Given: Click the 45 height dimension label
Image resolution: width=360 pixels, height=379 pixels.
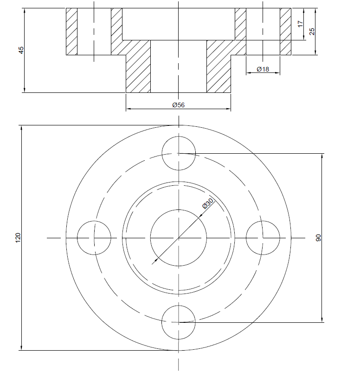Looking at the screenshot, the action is click(x=21, y=50).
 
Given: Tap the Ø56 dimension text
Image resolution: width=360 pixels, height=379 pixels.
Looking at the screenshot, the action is click(x=179, y=105).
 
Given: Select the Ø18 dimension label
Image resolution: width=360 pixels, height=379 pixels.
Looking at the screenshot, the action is click(x=263, y=69).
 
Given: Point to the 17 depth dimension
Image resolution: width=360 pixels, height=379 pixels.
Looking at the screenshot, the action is click(x=300, y=24).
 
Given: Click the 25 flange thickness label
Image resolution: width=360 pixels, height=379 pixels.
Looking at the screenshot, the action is click(x=312, y=32).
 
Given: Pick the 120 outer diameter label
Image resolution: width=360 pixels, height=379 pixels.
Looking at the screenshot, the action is click(x=18, y=238).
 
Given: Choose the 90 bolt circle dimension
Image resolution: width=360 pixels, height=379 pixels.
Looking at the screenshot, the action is click(x=318, y=238).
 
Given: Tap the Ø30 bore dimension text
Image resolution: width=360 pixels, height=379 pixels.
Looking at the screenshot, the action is click(x=208, y=203).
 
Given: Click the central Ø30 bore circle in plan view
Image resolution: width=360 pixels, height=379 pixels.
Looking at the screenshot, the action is click(x=179, y=210).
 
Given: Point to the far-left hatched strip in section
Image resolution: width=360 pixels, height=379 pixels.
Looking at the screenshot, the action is click(x=72, y=32).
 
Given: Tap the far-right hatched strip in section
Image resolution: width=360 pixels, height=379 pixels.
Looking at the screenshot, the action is click(x=286, y=32).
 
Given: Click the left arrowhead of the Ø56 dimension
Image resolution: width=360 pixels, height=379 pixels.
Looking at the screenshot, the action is click(x=128, y=109).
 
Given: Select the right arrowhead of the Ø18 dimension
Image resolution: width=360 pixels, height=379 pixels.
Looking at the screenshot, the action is click(x=278, y=72).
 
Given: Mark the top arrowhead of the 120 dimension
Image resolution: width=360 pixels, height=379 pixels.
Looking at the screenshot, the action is click(x=21, y=128).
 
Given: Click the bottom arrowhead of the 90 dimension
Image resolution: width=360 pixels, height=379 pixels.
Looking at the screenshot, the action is click(x=322, y=320).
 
